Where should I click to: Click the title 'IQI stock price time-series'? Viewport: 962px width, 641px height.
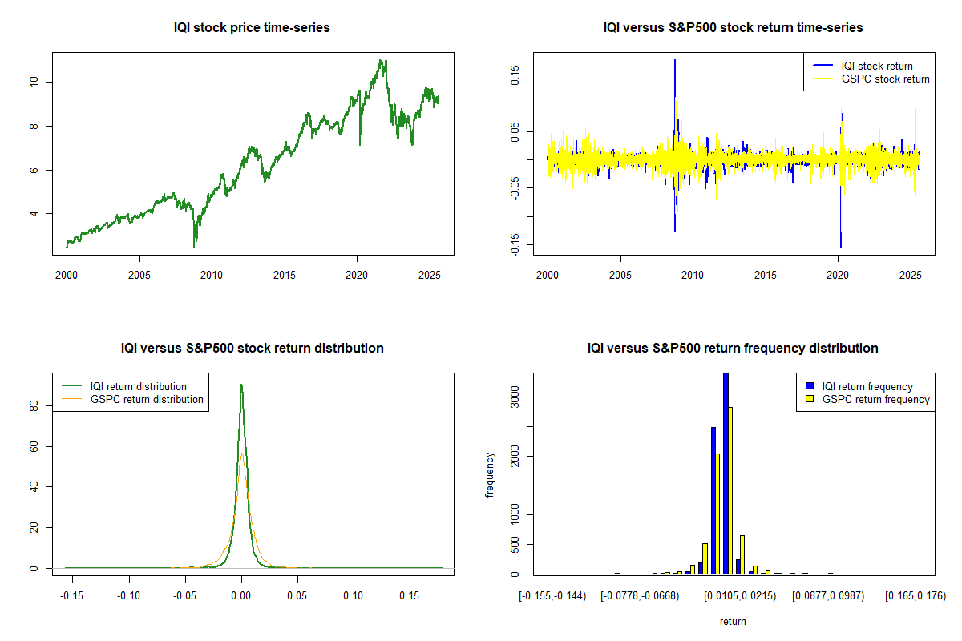click(252, 28)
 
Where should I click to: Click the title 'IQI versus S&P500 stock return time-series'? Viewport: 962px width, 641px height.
click(733, 28)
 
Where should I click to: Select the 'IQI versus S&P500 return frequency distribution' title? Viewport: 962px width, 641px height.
click(733, 349)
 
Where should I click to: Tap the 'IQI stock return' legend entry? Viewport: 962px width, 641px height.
click(877, 66)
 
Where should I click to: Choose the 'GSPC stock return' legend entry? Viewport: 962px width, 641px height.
click(885, 79)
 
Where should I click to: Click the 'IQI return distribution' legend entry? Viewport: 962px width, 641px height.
click(139, 386)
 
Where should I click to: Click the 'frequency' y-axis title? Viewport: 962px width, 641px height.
click(490, 474)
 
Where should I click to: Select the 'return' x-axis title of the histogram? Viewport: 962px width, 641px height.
click(733, 621)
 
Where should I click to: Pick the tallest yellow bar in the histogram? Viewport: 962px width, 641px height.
click(730, 490)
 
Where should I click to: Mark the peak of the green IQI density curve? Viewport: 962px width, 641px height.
click(241, 385)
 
